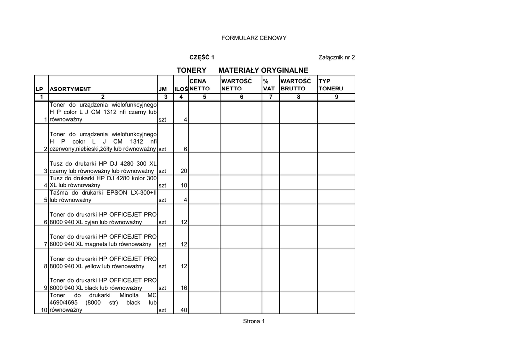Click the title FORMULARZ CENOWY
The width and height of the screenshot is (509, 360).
tap(254, 38)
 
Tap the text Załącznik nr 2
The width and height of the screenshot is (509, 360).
tap(337, 57)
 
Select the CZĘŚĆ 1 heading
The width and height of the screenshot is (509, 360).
tap(202, 57)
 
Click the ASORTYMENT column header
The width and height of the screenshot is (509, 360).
tap(70, 89)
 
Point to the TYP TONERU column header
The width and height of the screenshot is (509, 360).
tap(331, 85)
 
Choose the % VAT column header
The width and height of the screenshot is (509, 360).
tap(269, 85)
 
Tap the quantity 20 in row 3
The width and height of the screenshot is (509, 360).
tap(183, 171)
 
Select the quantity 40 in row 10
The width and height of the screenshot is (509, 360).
tap(183, 310)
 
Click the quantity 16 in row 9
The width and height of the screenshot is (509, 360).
tap(183, 288)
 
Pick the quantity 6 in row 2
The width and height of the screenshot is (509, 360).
tap(185, 149)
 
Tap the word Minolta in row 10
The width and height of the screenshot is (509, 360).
tap(129, 295)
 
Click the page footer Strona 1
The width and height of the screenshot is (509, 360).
tap(254, 321)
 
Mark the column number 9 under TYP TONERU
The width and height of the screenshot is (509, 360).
tap(336, 97)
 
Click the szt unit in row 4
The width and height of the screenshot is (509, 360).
tap(162, 185)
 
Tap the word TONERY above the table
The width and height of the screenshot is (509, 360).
tap(191, 71)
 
